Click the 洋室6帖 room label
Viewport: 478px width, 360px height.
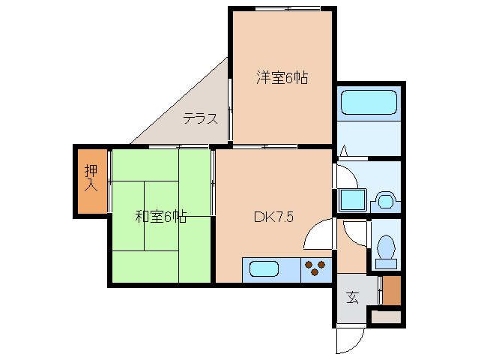(282, 77)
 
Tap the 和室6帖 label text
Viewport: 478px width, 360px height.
(160, 217)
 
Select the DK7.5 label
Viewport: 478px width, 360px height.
(273, 217)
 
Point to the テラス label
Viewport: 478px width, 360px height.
(200, 118)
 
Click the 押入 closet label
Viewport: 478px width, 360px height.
(91, 178)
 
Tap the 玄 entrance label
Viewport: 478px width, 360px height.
(352, 296)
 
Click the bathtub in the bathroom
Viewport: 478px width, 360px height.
(368, 102)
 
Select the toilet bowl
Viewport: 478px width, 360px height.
(387, 249)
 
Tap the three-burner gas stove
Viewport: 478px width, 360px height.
(316, 269)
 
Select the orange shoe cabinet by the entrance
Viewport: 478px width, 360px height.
(393, 290)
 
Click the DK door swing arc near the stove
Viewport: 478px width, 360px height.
(316, 233)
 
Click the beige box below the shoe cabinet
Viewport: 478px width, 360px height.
(387, 316)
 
